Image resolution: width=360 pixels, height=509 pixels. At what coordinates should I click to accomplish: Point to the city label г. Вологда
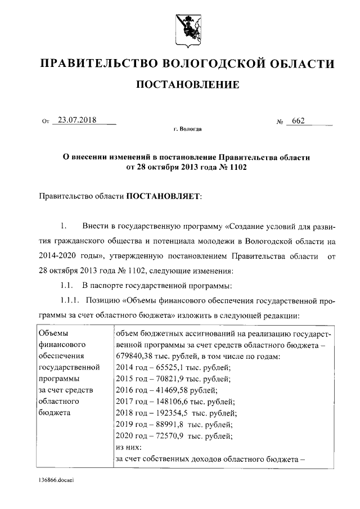(187, 130)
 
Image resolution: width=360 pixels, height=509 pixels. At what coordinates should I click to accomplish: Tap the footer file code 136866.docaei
(56, 482)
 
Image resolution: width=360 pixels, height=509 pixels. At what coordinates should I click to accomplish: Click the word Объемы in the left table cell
(52, 334)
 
